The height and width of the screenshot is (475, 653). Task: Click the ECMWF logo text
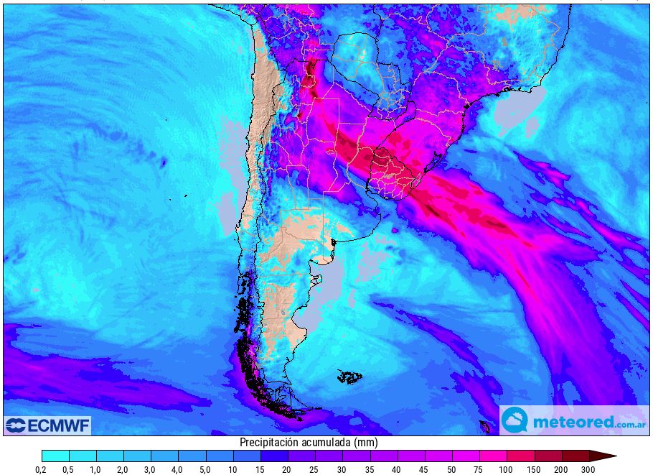59,425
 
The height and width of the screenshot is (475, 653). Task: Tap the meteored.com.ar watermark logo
573,420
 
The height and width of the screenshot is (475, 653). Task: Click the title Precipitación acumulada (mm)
309,443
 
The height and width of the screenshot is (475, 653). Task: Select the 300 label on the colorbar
589,469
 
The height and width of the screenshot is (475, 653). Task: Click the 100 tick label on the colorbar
507,469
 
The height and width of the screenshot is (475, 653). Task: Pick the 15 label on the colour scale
260,469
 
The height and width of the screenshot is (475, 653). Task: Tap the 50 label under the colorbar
452,469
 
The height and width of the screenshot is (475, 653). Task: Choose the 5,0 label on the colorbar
206,469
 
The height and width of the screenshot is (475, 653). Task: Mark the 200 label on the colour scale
562,469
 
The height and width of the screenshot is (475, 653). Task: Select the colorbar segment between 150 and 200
548,456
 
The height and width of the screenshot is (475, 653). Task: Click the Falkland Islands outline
350,376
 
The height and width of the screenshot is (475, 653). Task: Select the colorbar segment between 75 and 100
493,456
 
